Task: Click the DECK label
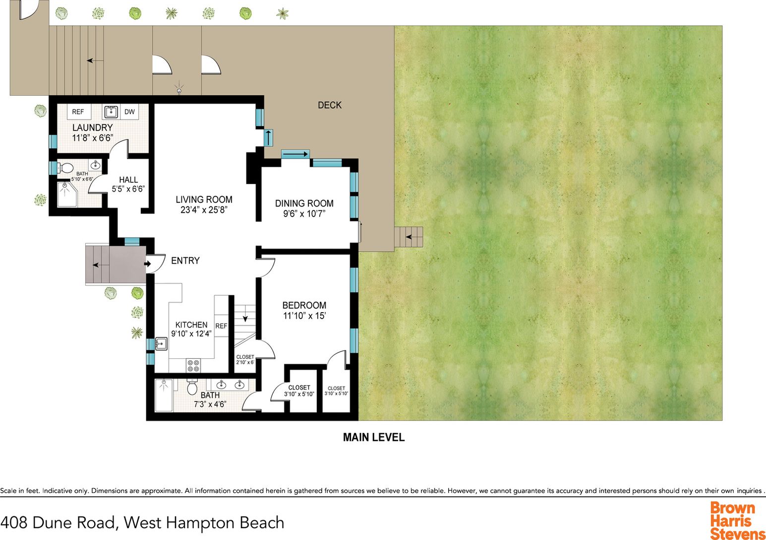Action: (330, 105)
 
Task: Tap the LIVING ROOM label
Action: (204, 200)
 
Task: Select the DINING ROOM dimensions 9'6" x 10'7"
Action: (304, 214)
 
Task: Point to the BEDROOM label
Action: (304, 305)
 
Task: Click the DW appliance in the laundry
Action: (129, 112)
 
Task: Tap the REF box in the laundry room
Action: (78, 112)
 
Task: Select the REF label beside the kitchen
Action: (221, 326)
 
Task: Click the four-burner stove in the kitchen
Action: (193, 366)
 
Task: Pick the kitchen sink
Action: (161, 343)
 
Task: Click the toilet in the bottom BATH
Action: (192, 387)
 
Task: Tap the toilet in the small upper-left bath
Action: (66, 168)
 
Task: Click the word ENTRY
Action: (185, 261)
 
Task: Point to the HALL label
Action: (128, 180)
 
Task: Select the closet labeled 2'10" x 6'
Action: (245, 360)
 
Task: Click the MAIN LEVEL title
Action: (374, 437)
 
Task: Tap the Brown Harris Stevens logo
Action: (737, 520)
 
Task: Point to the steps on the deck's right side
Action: (409, 237)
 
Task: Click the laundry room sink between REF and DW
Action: (110, 111)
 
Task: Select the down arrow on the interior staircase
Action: (245, 318)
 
